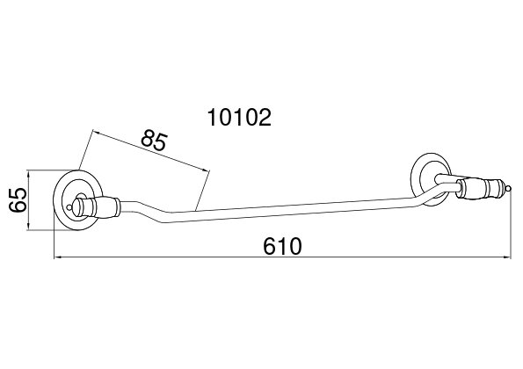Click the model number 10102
click(x=239, y=118)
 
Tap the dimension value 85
click(x=154, y=140)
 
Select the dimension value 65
click(x=18, y=199)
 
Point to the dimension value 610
click(x=282, y=246)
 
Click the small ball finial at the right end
click(x=508, y=189)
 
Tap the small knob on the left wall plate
click(x=69, y=207)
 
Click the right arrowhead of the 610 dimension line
click(x=507, y=257)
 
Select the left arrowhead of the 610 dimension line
click(x=58, y=257)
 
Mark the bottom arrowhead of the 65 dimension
click(x=29, y=226)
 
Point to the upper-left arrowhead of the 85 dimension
click(x=97, y=132)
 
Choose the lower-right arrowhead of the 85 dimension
click(x=206, y=170)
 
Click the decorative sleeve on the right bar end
click(x=480, y=189)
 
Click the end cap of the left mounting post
click(x=79, y=207)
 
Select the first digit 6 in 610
click(x=270, y=246)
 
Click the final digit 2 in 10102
click(x=265, y=118)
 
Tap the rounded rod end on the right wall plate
click(x=438, y=179)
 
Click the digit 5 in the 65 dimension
click(x=18, y=193)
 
